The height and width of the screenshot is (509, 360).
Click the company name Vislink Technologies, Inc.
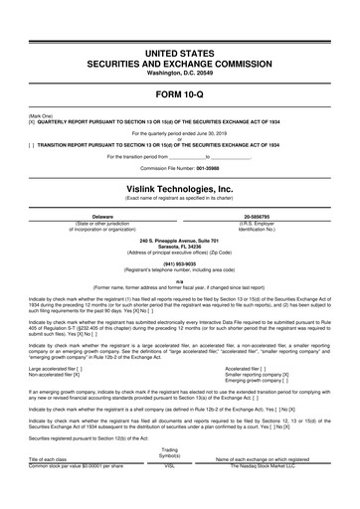[180, 187]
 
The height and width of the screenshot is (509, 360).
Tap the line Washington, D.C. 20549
[180, 74]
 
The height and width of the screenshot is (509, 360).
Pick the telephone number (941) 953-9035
[180, 262]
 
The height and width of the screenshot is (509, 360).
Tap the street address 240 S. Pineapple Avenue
[180, 239]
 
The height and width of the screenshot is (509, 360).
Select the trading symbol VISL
[169, 493]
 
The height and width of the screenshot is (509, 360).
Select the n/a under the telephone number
[180, 282]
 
